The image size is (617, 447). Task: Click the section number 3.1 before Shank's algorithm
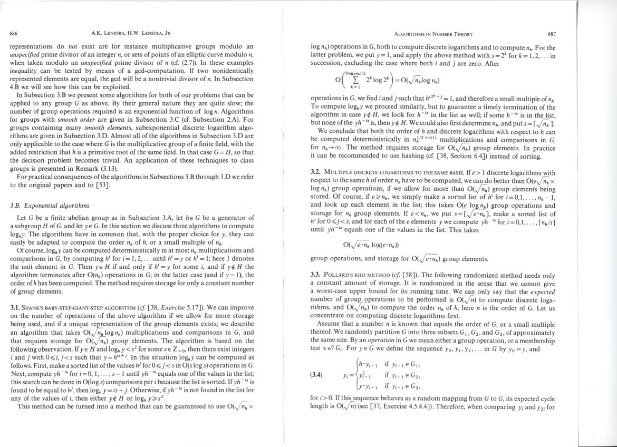click(x=15, y=307)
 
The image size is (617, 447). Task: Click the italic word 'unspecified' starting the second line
click(x=26, y=54)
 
